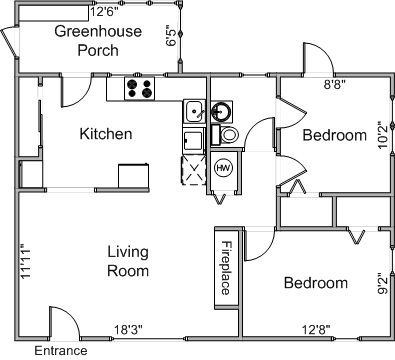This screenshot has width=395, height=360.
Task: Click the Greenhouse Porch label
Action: click(98, 41)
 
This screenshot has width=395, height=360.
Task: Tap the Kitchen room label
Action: click(106, 134)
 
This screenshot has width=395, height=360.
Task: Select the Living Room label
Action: click(128, 261)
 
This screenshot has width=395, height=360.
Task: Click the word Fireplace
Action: click(226, 268)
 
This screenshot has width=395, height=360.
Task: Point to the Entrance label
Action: click(61, 351)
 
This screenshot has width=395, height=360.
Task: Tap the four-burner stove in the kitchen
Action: click(140, 89)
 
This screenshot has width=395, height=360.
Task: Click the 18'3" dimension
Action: click(128, 330)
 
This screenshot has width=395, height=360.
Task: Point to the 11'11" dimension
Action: click(25, 263)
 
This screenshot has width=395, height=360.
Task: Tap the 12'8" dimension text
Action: click(316, 330)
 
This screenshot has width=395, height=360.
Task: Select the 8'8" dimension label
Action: click(335, 85)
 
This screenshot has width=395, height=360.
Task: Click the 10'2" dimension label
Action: click(384, 137)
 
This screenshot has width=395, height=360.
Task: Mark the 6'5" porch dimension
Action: click(172, 36)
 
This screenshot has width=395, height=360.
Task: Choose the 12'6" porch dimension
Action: click(104, 12)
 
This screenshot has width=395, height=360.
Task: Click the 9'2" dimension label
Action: click(383, 284)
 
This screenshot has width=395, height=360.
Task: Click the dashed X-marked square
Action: click(194, 170)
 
